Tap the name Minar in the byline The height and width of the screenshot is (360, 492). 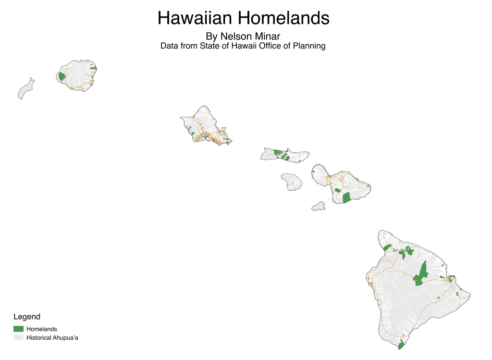(266, 36)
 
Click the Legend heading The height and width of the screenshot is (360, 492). (27, 317)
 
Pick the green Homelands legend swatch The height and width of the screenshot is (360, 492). (18, 329)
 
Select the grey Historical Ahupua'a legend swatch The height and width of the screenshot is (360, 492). (18, 338)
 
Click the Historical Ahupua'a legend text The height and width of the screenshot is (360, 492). (52, 338)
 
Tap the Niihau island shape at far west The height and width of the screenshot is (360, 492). (26, 90)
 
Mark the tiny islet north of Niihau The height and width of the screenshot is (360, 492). (31, 78)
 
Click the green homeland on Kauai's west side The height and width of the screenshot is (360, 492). (62, 76)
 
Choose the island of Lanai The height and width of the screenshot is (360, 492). (292, 182)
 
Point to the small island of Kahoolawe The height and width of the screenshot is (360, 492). (318, 206)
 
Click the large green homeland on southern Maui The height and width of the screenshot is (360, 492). (346, 198)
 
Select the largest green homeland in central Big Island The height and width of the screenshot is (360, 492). (421, 272)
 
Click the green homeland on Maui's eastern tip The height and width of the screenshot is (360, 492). (368, 186)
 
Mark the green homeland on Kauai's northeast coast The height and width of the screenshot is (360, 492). (93, 68)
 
